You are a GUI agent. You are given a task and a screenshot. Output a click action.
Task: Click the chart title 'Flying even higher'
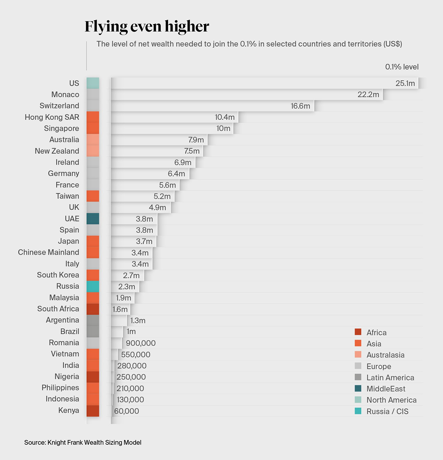tap(147, 27)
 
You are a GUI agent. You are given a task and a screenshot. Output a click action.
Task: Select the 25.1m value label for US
tap(405, 83)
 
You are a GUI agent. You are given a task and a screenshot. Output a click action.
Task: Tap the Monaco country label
tap(65, 94)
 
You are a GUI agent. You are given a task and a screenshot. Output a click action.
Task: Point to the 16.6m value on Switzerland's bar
tap(300, 106)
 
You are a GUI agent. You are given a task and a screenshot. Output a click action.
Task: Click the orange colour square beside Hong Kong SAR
tap(93, 117)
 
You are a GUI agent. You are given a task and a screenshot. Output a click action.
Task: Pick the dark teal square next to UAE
tap(93, 219)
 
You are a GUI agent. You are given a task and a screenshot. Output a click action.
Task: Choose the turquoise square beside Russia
tap(93, 286)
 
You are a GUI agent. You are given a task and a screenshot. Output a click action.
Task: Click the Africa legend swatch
tap(358, 332)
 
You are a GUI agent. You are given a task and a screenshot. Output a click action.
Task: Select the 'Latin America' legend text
tap(390, 378)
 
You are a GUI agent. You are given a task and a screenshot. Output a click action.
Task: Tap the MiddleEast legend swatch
tap(358, 389)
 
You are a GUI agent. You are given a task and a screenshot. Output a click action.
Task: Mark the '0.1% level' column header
tap(402, 67)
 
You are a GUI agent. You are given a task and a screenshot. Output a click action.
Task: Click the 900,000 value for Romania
tap(141, 343)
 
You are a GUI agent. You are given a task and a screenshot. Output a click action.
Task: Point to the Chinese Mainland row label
tap(48, 252)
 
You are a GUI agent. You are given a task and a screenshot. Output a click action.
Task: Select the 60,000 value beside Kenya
tap(127, 411)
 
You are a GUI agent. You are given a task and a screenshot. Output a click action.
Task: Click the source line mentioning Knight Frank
tap(83, 442)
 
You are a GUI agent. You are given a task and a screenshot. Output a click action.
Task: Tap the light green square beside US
tap(93, 83)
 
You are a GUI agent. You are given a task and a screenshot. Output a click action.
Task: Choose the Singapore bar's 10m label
tap(223, 128)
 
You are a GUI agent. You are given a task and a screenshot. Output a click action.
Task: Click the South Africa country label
tap(58, 309)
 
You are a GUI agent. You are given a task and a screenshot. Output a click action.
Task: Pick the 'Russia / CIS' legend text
tap(387, 411)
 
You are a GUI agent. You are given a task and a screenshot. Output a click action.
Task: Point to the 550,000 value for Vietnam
tap(136, 355)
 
